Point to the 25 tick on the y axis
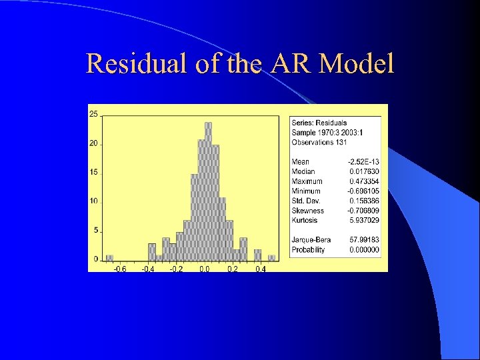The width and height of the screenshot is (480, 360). pyautogui.click(x=93, y=114)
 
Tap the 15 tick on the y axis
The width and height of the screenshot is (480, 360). pyautogui.click(x=93, y=172)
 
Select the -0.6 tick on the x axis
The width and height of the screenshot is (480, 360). pyautogui.click(x=119, y=269)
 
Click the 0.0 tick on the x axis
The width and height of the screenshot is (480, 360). pyautogui.click(x=205, y=269)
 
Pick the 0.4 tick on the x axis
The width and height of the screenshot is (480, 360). pyautogui.click(x=261, y=269)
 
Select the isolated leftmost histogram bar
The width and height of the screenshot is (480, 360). pyautogui.click(x=110, y=258)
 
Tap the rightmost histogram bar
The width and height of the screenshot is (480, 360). pyautogui.click(x=271, y=258)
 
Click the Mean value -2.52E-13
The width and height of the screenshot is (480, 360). pyautogui.click(x=363, y=162)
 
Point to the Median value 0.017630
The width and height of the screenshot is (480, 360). pyautogui.click(x=365, y=172)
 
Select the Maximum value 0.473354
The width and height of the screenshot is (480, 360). pyautogui.click(x=365, y=181)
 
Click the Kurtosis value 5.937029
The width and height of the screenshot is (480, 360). pyautogui.click(x=365, y=221)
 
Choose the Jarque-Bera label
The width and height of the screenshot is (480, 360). pyautogui.click(x=308, y=240)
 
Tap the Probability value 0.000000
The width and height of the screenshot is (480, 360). pyautogui.click(x=365, y=250)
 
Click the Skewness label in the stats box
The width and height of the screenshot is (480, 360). pyautogui.click(x=307, y=211)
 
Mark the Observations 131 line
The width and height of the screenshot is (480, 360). pyautogui.click(x=319, y=143)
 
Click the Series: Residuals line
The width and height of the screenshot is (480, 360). pyautogui.click(x=319, y=123)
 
